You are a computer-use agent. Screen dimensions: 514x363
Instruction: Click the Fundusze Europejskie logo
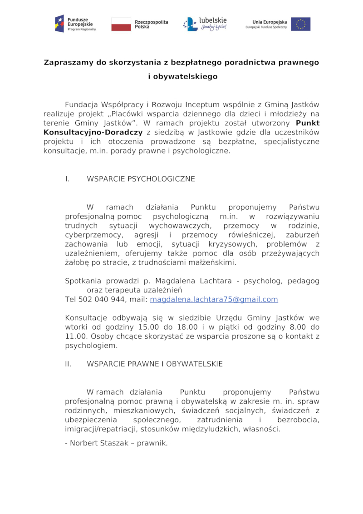(75, 24)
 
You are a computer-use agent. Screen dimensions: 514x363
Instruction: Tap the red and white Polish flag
(121, 24)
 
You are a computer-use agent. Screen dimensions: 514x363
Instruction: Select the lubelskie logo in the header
(205, 24)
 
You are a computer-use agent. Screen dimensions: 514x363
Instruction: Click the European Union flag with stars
(300, 24)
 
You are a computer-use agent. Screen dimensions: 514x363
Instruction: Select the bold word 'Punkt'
(307, 123)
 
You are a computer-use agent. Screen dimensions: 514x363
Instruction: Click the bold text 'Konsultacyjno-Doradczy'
(93, 132)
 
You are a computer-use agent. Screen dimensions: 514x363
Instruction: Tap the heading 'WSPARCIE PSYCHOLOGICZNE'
(141, 179)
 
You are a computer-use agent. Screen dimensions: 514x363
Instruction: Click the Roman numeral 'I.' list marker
(67, 179)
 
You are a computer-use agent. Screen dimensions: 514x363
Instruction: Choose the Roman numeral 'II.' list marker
(69, 364)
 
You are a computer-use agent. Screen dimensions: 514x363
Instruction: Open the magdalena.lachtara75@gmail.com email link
(214, 299)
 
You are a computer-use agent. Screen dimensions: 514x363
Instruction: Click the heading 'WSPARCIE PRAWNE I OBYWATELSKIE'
(155, 364)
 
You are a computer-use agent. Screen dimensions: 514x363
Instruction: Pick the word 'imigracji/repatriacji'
(102, 429)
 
